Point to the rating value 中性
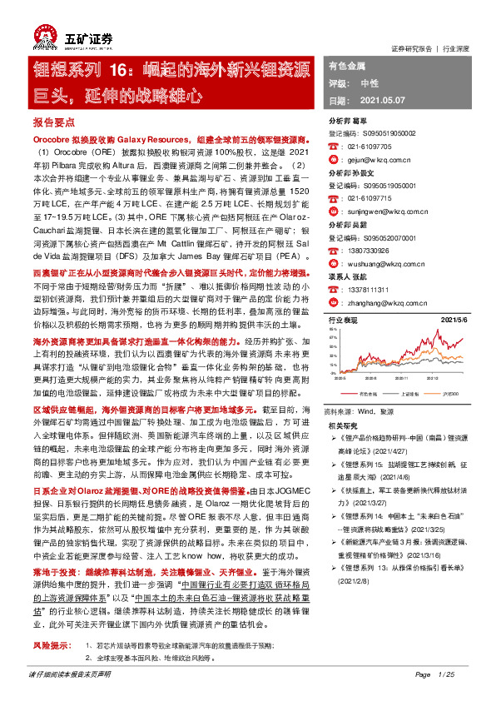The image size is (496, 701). [370, 83]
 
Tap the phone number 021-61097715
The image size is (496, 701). [371, 200]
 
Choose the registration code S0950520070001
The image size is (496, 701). [385, 238]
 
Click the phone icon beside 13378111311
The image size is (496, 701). [334, 288]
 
